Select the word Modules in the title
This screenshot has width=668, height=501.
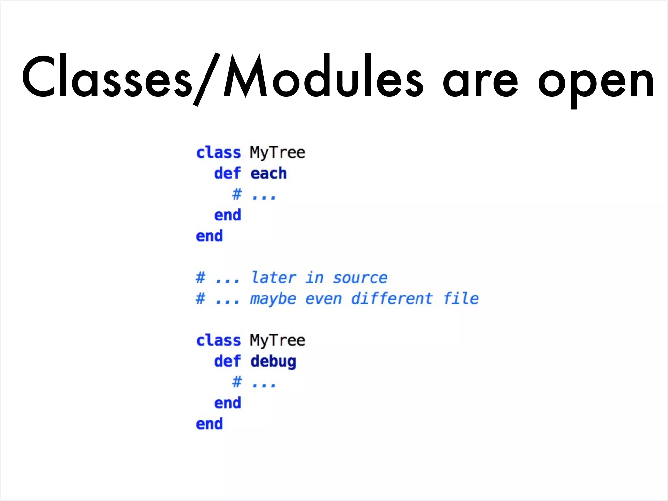point(323,77)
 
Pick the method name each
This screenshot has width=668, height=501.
point(268,174)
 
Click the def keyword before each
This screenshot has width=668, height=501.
point(227,173)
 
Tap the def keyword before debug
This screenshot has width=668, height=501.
point(227,361)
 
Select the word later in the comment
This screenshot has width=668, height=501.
point(274,278)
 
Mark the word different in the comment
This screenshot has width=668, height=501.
point(392,298)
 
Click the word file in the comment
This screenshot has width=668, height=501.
point(461,298)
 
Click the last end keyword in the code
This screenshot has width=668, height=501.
point(209,424)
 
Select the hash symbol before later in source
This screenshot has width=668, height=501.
point(200,278)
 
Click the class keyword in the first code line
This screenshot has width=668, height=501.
point(218,153)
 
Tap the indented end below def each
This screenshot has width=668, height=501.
point(227,215)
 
